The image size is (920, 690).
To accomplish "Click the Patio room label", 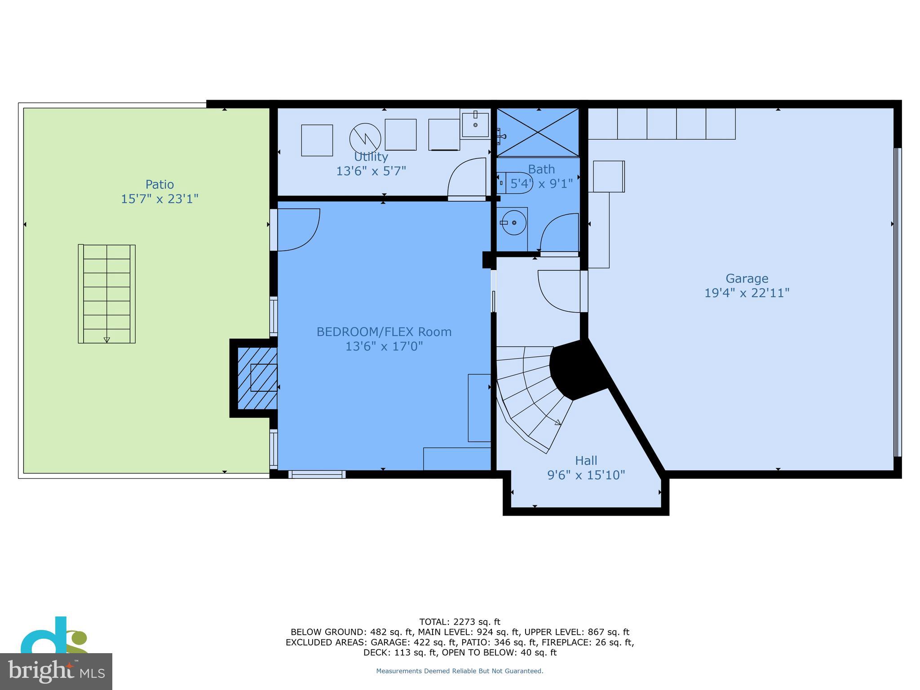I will click(159, 184).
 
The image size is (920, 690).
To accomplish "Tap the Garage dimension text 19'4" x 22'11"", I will click(747, 293).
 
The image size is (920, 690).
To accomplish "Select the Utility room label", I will click(371, 157).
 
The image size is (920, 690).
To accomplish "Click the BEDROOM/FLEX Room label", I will click(384, 332).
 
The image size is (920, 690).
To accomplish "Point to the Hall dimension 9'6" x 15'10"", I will click(586, 475).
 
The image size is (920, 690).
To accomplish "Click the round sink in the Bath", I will click(513, 223).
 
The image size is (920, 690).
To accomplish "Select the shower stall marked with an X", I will click(538, 133).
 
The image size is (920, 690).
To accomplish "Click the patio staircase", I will click(107, 294).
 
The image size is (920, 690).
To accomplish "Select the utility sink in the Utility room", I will click(475, 125).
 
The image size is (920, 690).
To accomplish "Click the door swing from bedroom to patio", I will click(296, 229).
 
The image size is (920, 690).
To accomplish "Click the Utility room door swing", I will click(467, 177).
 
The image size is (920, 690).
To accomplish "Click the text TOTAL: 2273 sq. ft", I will click(460, 622).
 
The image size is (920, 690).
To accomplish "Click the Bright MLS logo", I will click(56, 671).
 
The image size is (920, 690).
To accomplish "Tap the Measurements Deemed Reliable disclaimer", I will click(460, 671).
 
